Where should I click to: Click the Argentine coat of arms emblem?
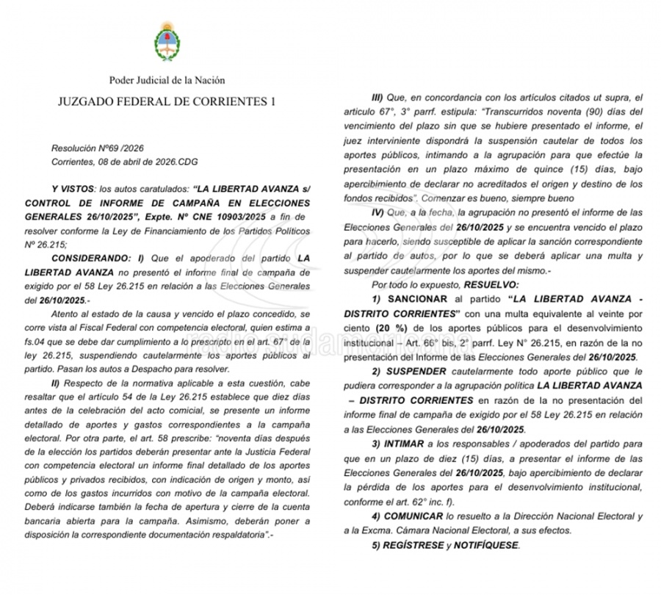point(167,43)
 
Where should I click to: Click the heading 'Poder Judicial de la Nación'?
point(167,80)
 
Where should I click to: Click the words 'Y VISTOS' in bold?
point(72,189)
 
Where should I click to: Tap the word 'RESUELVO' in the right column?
point(491,284)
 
